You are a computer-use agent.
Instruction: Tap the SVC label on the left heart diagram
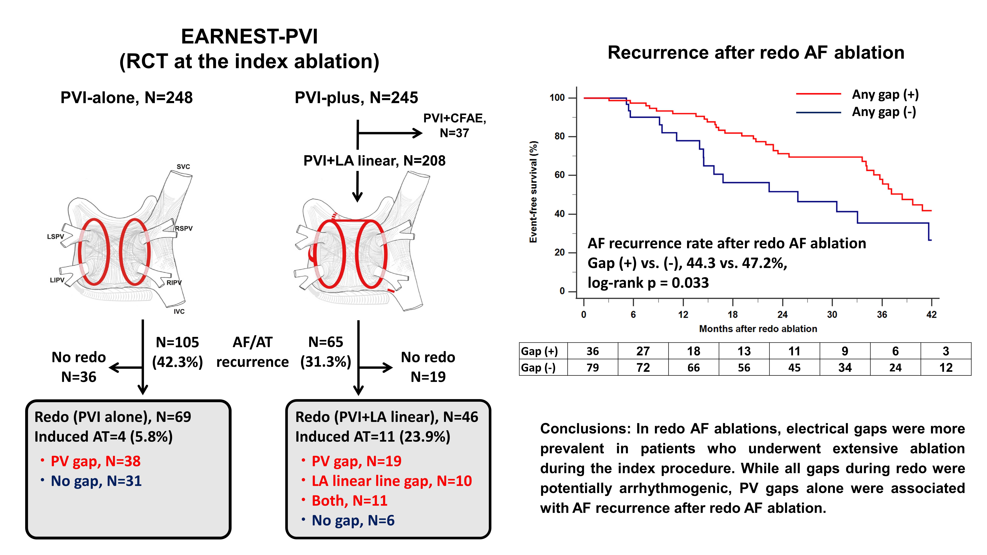tap(183, 167)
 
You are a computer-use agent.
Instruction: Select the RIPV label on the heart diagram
tap(174, 283)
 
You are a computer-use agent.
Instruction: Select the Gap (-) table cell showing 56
tap(744, 368)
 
